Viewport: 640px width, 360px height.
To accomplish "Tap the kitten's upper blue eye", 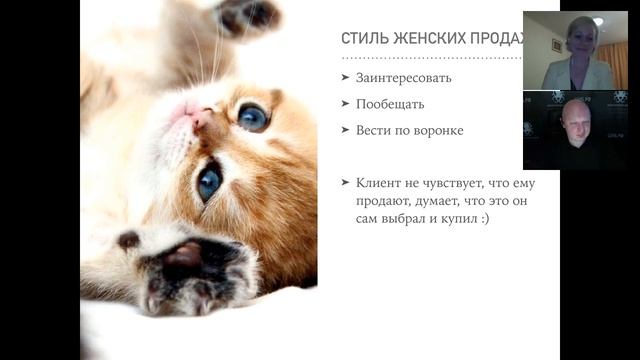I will click(251, 117).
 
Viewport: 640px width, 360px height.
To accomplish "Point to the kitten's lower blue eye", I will click(209, 180).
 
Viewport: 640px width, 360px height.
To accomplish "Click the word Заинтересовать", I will click(403, 77).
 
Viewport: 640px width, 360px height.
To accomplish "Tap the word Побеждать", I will click(390, 104).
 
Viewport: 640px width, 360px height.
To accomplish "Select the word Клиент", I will click(377, 183).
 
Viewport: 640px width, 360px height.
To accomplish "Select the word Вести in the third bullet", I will click(372, 130).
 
